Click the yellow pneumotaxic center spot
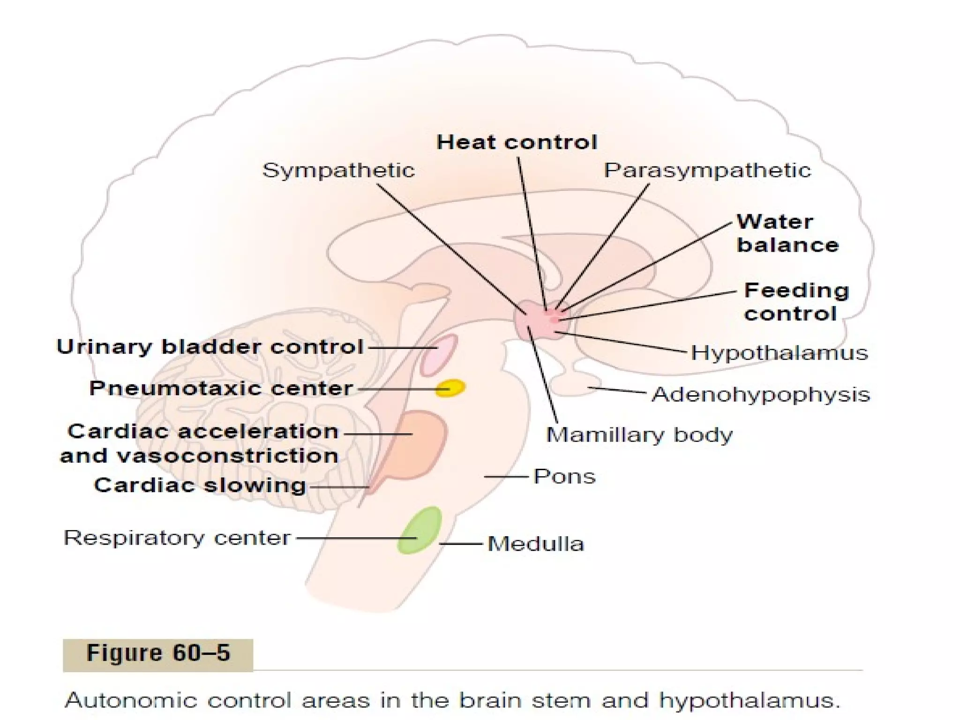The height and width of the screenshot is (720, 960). coord(450,388)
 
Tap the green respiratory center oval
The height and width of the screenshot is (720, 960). coord(420,531)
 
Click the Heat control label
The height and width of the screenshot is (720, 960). coord(517,142)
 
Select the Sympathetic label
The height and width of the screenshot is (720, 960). coord(338,170)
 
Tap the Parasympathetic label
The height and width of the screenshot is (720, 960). coord(707,170)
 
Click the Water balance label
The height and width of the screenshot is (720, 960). coord(787,233)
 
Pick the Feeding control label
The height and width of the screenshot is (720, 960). coord(796,302)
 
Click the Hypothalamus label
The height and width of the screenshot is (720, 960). coord(780,352)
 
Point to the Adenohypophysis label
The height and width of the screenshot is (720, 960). coord(761,394)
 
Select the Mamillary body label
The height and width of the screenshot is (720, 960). coord(639,435)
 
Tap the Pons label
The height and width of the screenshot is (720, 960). coord(564,476)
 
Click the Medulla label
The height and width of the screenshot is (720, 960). coord(536,544)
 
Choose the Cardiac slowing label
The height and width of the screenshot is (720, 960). coord(200,485)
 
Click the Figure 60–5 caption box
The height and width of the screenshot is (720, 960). coord(158,653)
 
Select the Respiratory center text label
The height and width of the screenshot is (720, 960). coord(177,538)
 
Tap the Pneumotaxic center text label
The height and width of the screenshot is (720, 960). coord(221,388)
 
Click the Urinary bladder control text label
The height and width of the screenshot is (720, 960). coord(210,347)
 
